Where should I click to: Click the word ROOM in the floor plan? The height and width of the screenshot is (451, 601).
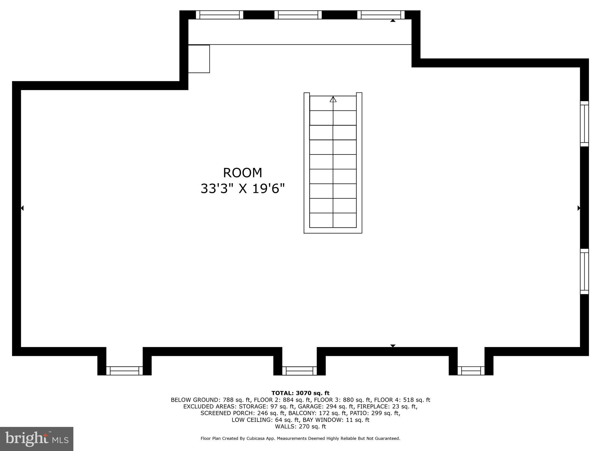(242, 173)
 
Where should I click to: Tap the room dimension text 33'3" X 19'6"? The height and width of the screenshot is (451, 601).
(243, 189)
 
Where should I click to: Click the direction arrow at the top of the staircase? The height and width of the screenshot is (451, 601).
(333, 100)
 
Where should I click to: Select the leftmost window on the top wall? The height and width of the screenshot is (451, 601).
(220, 15)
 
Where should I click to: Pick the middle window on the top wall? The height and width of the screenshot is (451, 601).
(298, 15)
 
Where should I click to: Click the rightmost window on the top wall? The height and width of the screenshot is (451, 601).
(381, 15)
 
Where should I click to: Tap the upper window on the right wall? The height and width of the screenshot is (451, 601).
(584, 124)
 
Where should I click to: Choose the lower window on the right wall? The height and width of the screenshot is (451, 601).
(584, 271)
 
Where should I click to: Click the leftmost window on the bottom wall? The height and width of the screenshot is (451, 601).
(124, 371)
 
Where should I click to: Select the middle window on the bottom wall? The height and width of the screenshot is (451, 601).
(299, 371)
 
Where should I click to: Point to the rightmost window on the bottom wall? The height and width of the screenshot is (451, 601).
(471, 371)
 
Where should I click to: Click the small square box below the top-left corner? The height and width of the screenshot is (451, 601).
(199, 59)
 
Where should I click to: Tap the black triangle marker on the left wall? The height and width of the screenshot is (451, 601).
(22, 208)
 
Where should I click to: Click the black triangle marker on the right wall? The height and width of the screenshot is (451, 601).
(579, 208)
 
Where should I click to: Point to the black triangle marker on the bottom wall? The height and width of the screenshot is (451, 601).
(393, 346)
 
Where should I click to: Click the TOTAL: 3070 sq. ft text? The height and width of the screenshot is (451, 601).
(300, 393)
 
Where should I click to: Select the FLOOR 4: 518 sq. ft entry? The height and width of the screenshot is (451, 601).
(402, 400)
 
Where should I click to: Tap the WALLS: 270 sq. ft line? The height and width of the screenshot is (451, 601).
(300, 427)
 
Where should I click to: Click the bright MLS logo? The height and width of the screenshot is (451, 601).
(37, 439)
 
